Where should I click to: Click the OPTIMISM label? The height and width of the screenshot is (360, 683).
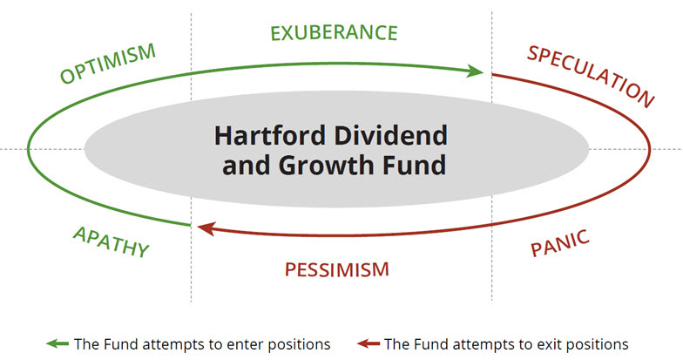point(108,63)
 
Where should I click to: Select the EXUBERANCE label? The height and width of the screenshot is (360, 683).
point(335,33)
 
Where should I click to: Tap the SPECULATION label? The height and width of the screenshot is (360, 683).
point(591,77)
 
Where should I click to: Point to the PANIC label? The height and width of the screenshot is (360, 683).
point(560,243)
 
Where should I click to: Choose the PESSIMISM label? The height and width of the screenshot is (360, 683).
point(336,270)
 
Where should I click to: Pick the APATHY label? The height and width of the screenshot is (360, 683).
point(112,242)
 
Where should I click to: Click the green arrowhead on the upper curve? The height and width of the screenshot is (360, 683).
point(476,71)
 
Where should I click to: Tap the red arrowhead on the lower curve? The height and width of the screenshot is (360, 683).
point(206,228)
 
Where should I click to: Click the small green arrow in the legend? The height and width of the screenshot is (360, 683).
point(57,343)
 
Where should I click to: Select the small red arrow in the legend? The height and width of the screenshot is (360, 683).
point(369,343)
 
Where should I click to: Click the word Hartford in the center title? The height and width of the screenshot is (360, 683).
point(270,136)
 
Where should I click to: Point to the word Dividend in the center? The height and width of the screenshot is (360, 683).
point(390,136)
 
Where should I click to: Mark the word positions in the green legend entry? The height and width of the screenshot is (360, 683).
point(300,345)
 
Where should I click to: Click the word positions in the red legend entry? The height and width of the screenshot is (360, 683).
point(598,345)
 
